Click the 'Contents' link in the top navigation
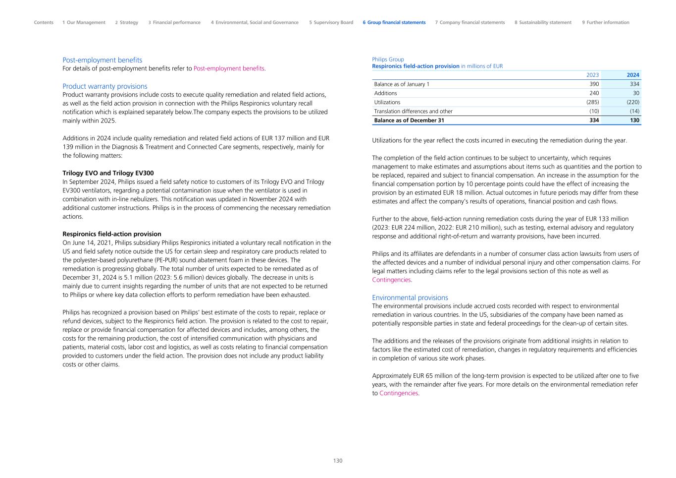click(x=44, y=22)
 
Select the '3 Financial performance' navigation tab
click(x=174, y=22)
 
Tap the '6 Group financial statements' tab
click(x=394, y=22)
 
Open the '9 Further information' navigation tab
click(x=605, y=22)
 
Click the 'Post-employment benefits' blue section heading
click(x=102, y=60)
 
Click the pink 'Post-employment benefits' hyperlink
click(x=229, y=68)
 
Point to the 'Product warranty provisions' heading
click(x=104, y=86)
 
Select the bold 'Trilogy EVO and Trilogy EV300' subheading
click(x=108, y=173)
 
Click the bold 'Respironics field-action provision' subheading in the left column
click(x=111, y=234)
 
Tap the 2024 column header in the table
click(x=632, y=75)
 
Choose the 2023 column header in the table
click(x=592, y=75)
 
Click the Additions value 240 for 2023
click(x=594, y=93)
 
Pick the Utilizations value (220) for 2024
click(x=632, y=102)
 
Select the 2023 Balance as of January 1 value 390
click(x=594, y=84)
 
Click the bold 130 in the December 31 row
click(x=634, y=120)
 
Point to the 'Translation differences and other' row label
click(x=413, y=112)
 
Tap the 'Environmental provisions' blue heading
click(x=410, y=298)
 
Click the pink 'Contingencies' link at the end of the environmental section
click(x=398, y=393)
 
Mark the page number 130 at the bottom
click(x=338, y=461)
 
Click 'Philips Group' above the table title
click(x=388, y=60)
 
